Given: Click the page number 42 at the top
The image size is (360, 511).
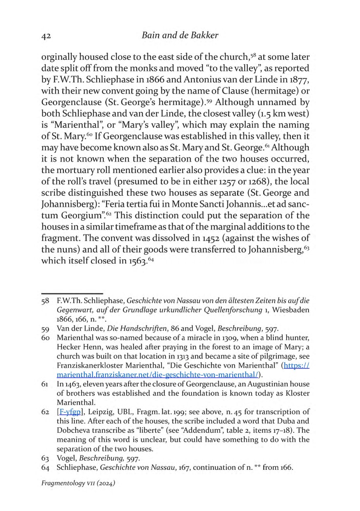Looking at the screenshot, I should [x=46, y=36].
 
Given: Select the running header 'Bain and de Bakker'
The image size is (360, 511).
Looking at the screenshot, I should [x=180, y=35].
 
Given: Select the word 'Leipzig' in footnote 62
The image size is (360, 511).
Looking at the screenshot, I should [x=96, y=411].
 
